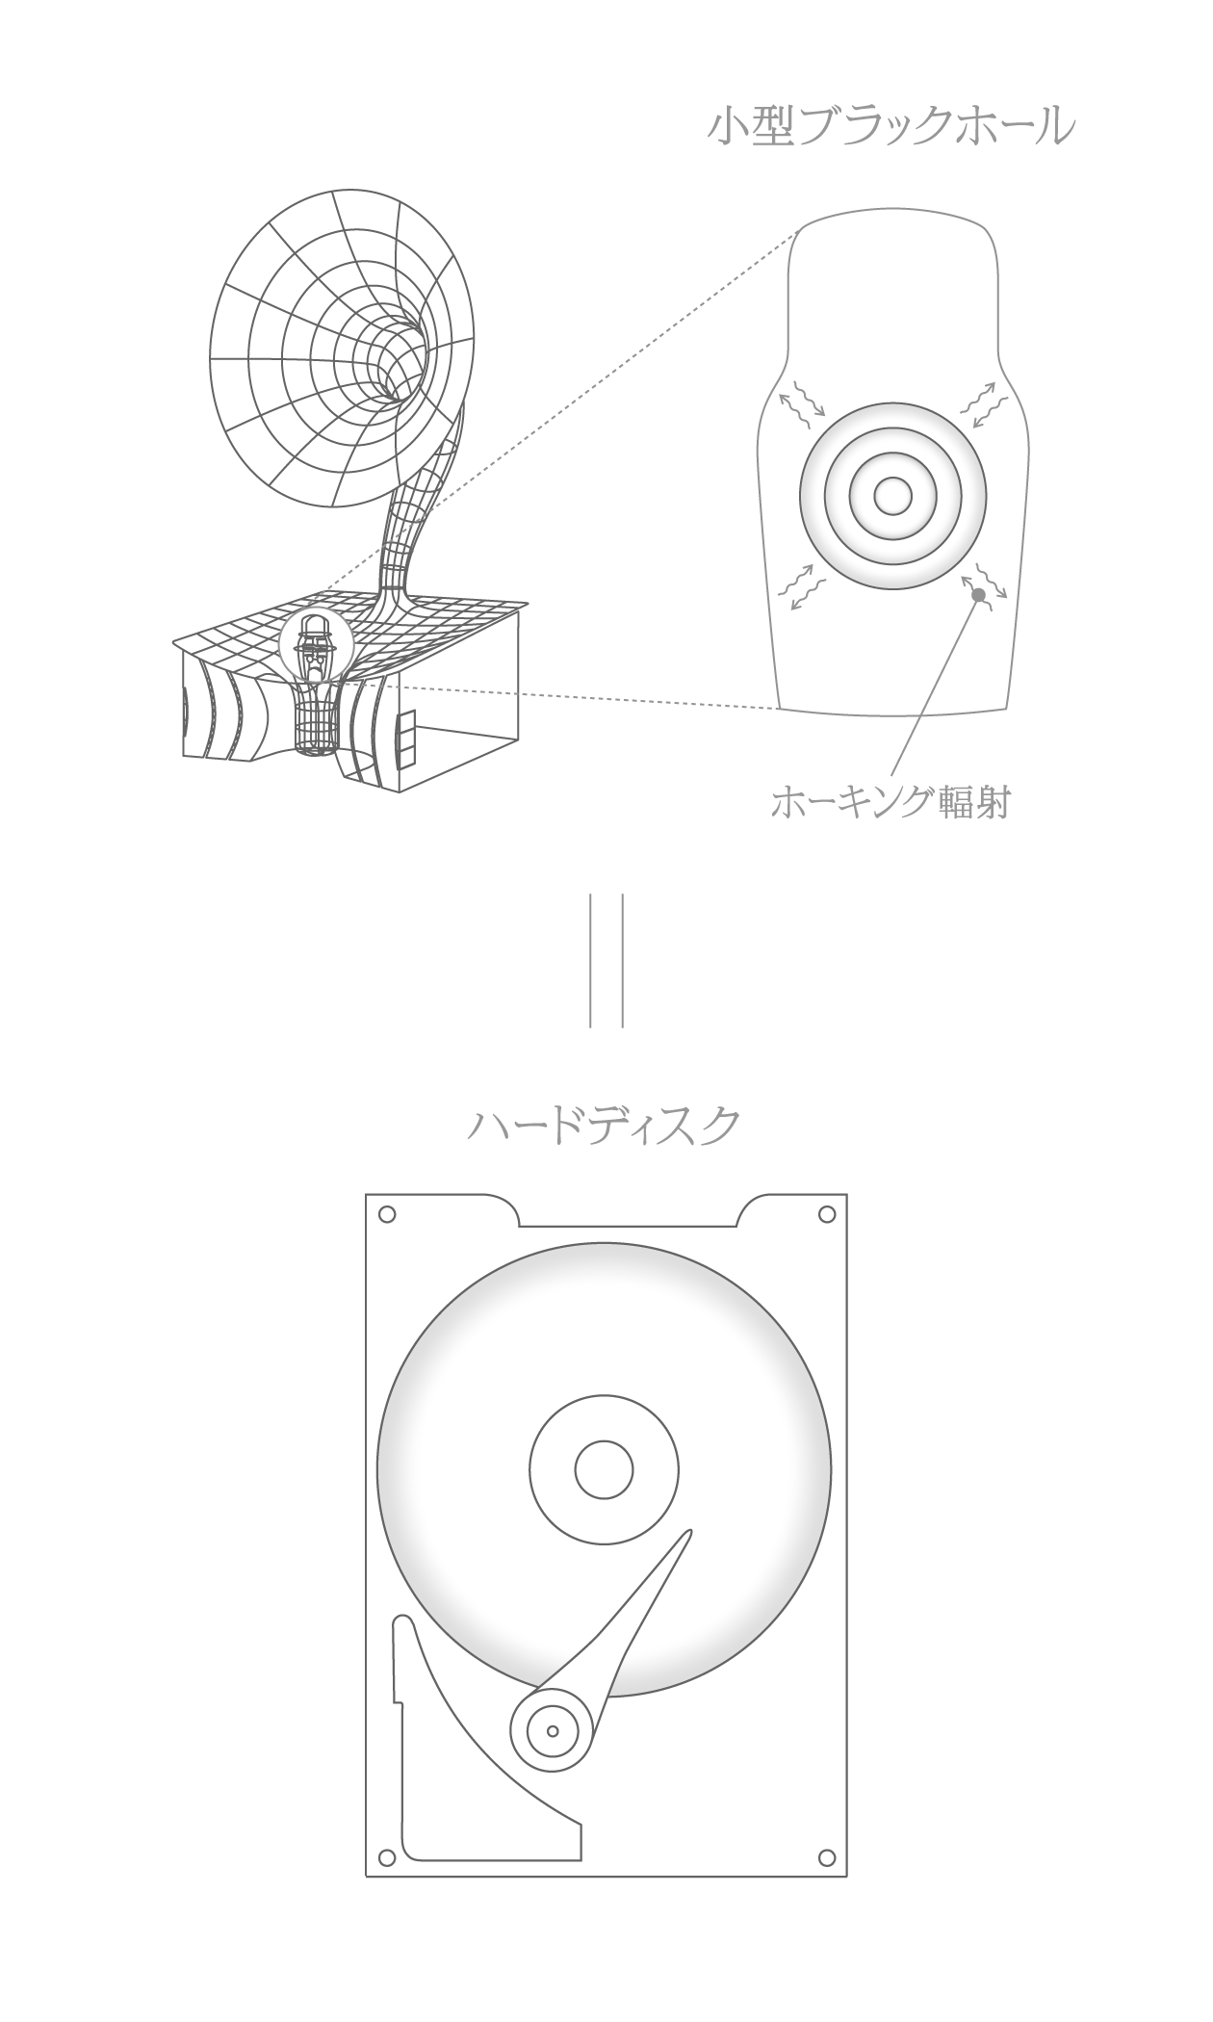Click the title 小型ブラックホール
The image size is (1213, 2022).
click(x=890, y=127)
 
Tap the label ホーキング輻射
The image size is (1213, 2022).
click(x=890, y=802)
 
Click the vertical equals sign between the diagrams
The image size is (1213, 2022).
click(x=606, y=960)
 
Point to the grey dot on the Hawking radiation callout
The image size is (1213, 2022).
click(x=978, y=595)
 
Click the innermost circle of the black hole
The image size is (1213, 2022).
click(x=892, y=496)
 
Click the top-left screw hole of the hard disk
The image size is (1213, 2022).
click(x=387, y=1215)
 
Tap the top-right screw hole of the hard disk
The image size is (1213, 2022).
click(x=826, y=1215)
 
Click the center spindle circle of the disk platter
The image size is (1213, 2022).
click(x=604, y=1470)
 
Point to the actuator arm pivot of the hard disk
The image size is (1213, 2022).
click(x=553, y=1730)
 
